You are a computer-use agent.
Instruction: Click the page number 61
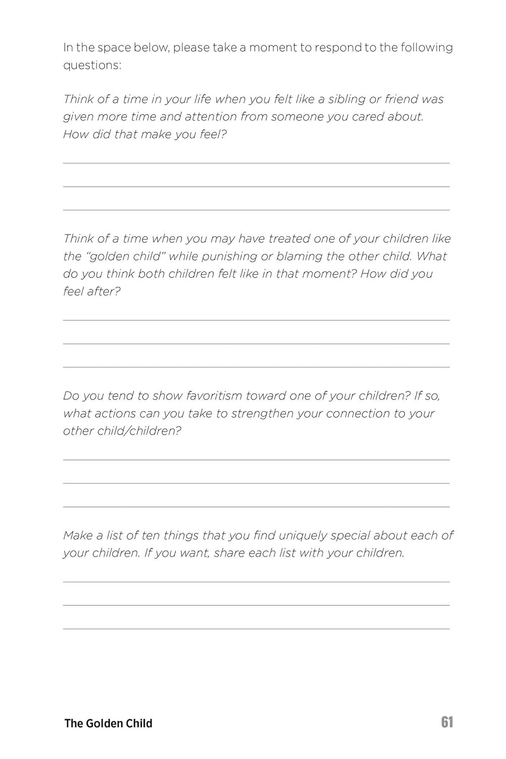pos(447,722)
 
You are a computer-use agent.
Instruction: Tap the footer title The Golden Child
pos(108,723)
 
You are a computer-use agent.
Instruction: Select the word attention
pos(210,117)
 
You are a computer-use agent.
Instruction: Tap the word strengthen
pos(262,413)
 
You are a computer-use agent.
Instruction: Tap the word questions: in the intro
pos(92,65)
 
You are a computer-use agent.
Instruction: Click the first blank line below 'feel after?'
pos(256,320)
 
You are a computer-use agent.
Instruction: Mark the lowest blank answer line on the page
pos(256,628)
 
